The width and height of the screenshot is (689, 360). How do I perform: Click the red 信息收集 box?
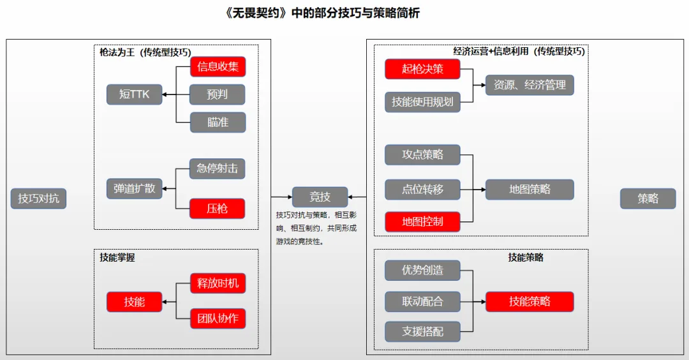(218, 66)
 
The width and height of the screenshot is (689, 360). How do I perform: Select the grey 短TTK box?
(134, 94)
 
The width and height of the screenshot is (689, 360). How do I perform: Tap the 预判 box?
(218, 94)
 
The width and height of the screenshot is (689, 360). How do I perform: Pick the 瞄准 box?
(218, 122)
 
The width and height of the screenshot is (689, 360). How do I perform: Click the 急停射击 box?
(218, 169)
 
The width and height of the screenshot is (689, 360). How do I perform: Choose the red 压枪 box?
(218, 209)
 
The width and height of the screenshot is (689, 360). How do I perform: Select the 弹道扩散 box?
(134, 189)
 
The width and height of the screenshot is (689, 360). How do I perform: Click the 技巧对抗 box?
(38, 199)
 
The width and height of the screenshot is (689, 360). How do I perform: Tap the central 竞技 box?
(320, 197)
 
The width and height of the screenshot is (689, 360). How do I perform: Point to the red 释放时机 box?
(218, 283)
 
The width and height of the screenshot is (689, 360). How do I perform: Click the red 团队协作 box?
(218, 319)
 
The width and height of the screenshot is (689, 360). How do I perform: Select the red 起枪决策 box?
(422, 69)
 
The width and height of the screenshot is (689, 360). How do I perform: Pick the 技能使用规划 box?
(422, 101)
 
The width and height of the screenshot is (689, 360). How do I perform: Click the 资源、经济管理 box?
(530, 85)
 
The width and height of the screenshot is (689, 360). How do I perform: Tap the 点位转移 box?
(422, 190)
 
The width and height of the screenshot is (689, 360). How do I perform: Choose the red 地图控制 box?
(422, 222)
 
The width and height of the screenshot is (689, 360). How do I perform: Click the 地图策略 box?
(530, 190)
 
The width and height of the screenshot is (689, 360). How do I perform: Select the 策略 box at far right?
(648, 199)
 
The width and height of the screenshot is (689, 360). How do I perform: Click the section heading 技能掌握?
(117, 257)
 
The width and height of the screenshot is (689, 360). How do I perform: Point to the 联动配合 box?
(422, 301)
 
